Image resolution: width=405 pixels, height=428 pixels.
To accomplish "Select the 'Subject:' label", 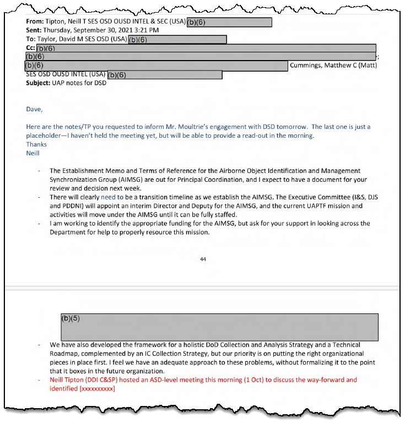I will click(40, 83).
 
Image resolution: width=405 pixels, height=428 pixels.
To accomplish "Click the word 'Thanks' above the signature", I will click(36, 144).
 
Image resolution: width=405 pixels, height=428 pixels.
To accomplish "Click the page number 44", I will click(203, 259).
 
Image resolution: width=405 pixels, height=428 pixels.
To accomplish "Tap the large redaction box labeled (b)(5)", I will click(219, 327).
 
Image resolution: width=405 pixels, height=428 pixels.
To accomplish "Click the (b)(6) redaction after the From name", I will click(229, 22).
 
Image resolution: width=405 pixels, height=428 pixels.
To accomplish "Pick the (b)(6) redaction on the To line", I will click(177, 39).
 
